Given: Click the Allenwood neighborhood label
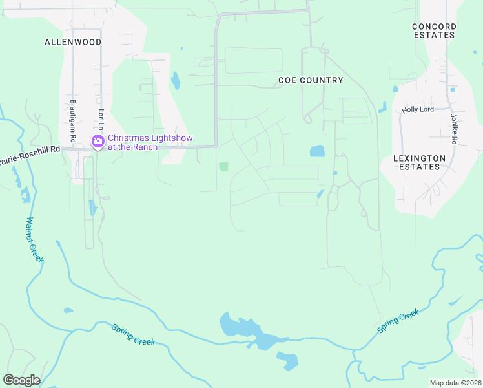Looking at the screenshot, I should [73, 41].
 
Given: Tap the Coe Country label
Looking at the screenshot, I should [311, 80].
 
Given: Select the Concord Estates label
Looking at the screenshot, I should [434, 30].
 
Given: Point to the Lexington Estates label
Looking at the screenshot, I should [420, 162].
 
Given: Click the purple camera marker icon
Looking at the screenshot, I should [98, 142].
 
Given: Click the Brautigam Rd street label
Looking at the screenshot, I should [73, 122].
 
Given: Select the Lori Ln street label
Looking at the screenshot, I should [101, 120].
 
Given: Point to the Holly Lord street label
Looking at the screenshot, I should [418, 110].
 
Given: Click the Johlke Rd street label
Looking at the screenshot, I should [454, 129].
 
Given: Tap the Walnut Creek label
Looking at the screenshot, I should [34, 239].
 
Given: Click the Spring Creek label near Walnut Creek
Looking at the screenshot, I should [134, 334].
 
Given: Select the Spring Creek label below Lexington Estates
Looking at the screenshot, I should [398, 321].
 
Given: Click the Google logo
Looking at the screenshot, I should [21, 380].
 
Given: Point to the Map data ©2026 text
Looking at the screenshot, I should [455, 383].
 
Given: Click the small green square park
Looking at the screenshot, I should [223, 167].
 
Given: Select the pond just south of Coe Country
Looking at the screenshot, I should [317, 151].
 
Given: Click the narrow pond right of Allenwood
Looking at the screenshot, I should [175, 81].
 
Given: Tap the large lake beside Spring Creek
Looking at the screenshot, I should [249, 331].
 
